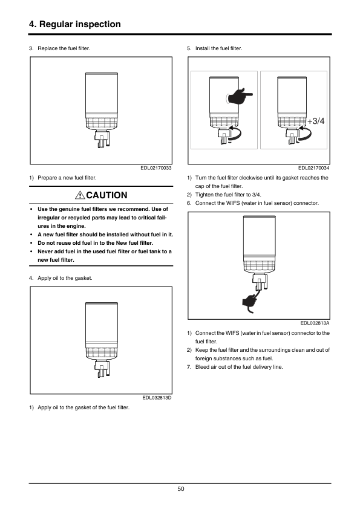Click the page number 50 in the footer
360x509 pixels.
(181, 489)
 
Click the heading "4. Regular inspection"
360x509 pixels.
(75, 24)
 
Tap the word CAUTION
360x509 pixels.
(107, 195)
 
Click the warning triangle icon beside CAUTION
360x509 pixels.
(80, 195)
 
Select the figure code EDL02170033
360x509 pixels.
(156, 168)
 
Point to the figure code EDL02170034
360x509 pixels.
(313, 168)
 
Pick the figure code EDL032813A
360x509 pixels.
(315, 323)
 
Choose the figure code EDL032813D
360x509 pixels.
(157, 398)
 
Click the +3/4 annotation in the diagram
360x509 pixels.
(316, 121)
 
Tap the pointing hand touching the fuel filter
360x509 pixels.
(240, 96)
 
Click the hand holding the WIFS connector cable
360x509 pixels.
(249, 302)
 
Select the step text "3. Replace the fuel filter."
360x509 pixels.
(59, 48)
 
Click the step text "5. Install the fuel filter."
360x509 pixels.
(214, 48)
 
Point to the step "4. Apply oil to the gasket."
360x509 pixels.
(61, 278)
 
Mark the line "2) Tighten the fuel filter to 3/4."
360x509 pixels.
(224, 195)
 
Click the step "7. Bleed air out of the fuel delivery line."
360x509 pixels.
(235, 367)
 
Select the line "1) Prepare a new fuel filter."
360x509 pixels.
(63, 178)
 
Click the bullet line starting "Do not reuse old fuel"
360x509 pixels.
(95, 243)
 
